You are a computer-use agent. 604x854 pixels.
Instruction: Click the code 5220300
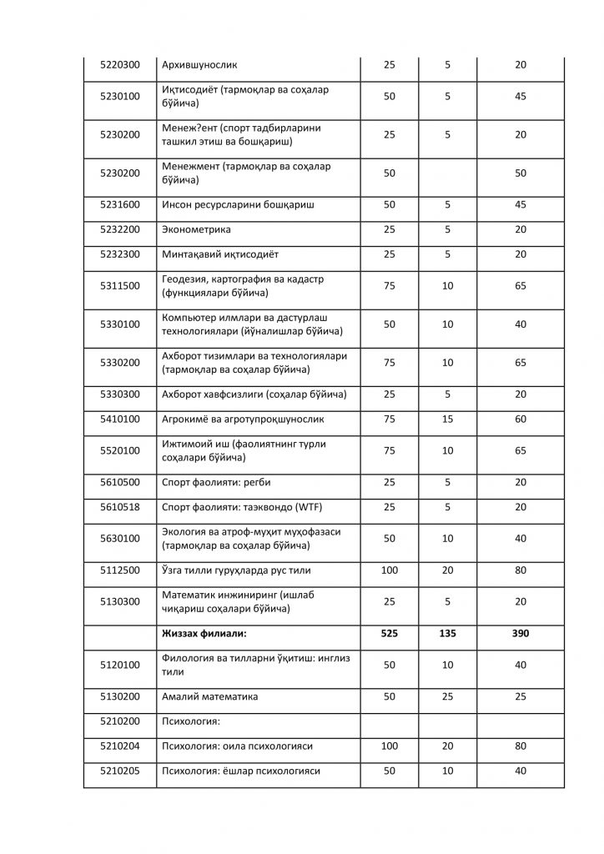pos(119,64)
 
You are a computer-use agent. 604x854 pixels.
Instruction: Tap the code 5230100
pos(119,97)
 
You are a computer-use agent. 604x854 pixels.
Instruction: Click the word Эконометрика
pos(197,229)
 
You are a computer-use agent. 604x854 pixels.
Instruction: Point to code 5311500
pos(119,286)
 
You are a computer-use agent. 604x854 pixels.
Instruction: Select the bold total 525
pos(389,634)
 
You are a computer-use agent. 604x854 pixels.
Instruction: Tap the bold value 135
pos(448,634)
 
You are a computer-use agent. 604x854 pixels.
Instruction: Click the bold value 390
pos(521,634)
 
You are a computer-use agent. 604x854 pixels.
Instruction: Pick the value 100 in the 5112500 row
pos(389,570)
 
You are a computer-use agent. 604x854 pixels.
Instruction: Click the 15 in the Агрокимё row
pos(448,419)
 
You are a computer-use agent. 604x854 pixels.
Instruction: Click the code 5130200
pos(119,696)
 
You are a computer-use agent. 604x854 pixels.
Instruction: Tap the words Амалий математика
pos(210,696)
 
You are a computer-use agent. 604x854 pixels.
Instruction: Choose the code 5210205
pos(119,771)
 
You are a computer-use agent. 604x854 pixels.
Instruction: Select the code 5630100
pos(119,538)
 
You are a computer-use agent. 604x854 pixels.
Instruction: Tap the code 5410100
pos(119,419)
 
